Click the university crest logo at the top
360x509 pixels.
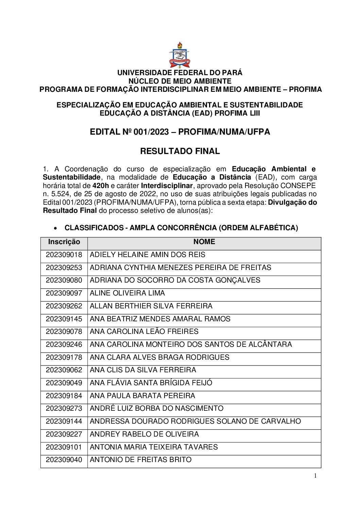tap(179, 55)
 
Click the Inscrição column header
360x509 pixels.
tap(64, 242)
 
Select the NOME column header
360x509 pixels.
tap(204, 242)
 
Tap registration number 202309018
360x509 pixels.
tap(64, 255)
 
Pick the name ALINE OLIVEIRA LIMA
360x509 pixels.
tap(127, 293)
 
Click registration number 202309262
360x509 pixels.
tap(64, 306)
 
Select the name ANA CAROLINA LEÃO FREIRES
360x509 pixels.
tap(144, 332)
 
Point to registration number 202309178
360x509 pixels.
tap(64, 357)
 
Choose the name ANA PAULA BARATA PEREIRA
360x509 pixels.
tap(142, 396)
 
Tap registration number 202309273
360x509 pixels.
tap(64, 408)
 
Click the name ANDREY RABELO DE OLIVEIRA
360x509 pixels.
tap(144, 434)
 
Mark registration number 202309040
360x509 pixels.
tap(64, 460)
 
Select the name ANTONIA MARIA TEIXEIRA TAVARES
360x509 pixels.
tap(154, 447)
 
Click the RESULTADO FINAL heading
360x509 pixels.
tap(180, 151)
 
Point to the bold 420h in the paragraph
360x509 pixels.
tap(100, 186)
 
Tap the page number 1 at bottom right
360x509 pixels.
tap(315, 476)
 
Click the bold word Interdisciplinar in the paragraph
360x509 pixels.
tap(167, 186)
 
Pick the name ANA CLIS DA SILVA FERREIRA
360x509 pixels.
tap(143, 370)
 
